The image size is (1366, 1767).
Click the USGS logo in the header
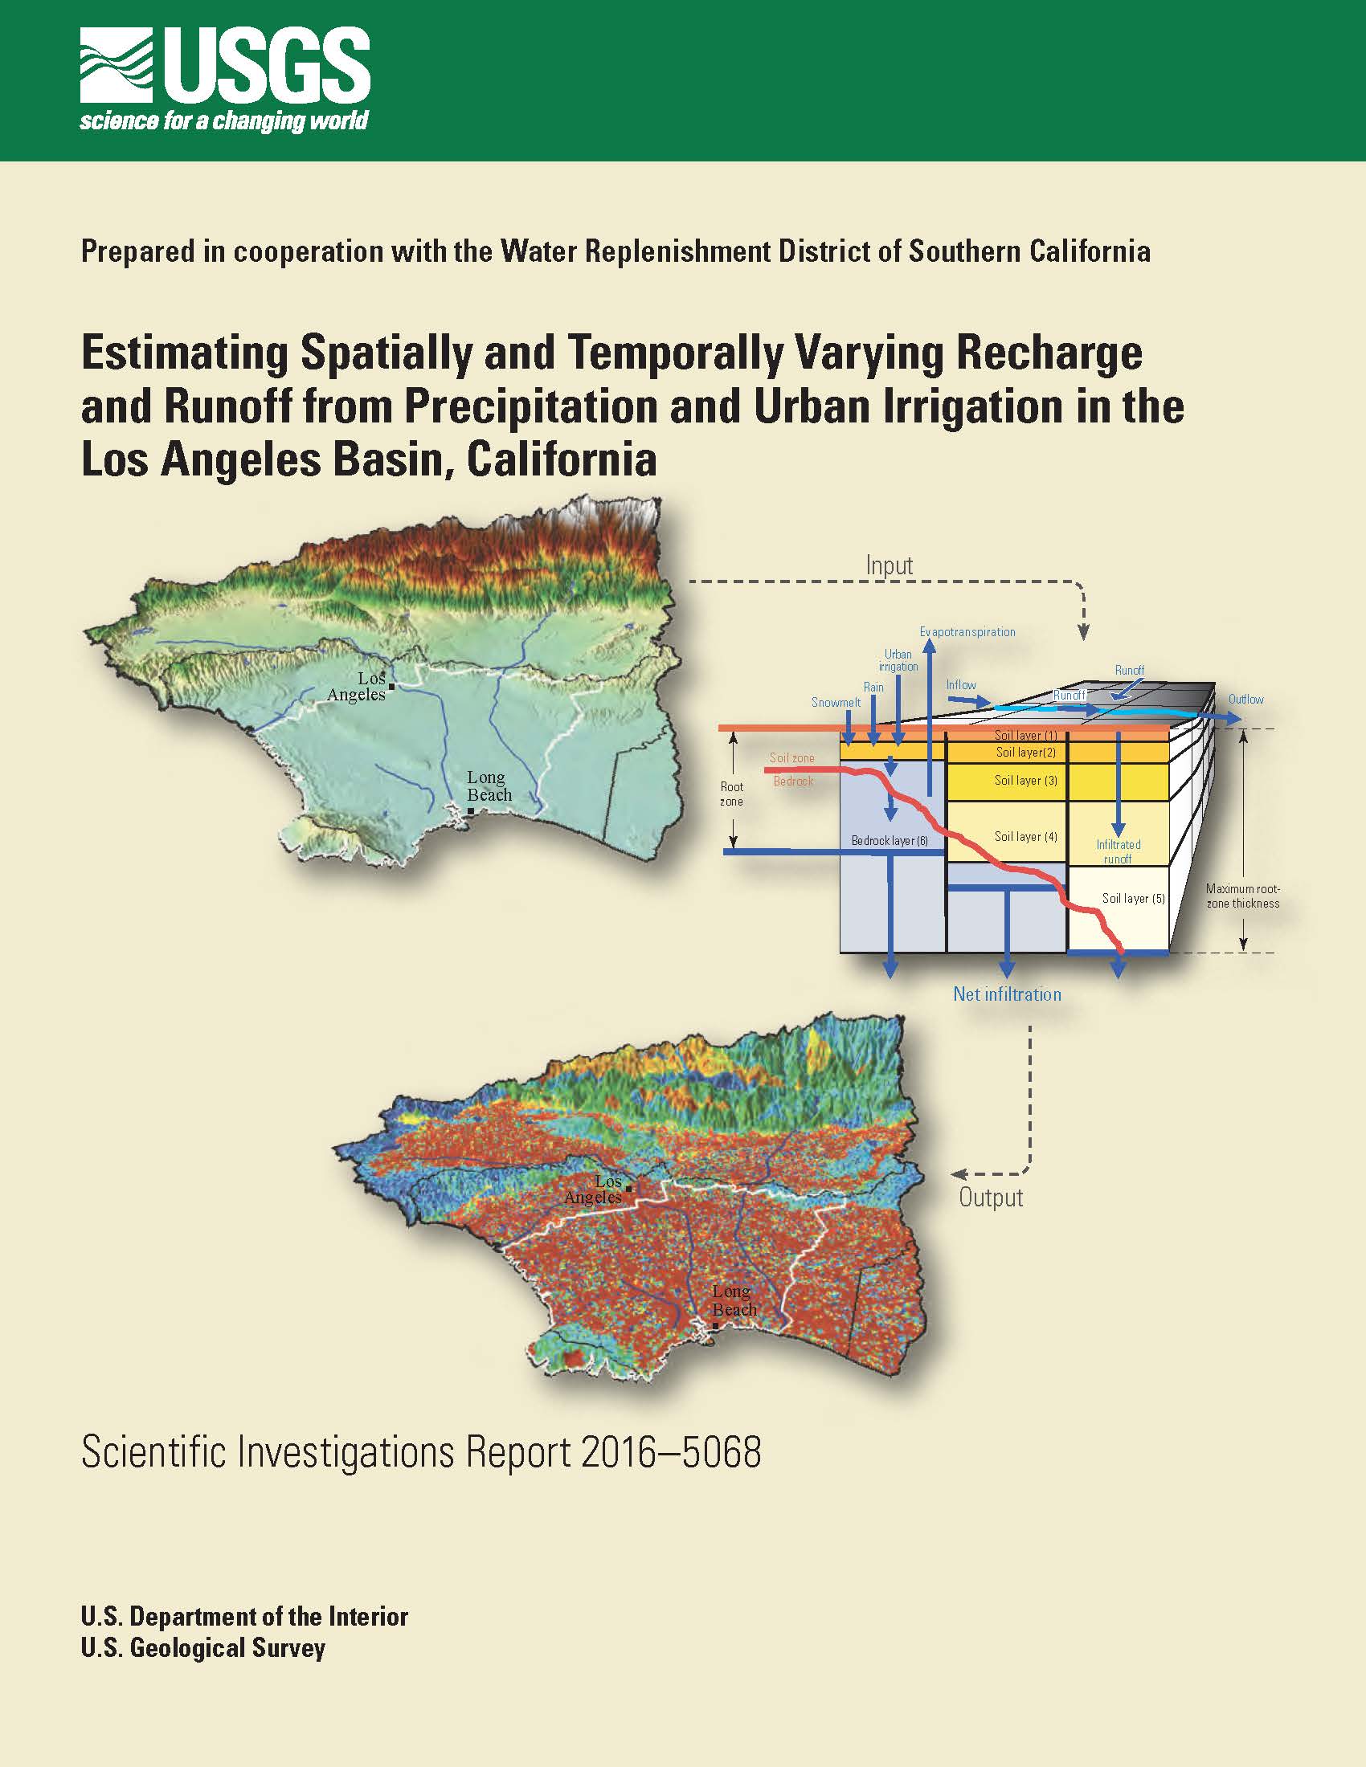click(x=225, y=79)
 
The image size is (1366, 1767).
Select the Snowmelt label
click(x=836, y=702)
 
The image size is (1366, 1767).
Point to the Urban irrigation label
click(x=898, y=660)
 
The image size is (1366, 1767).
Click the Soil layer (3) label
click(x=1025, y=780)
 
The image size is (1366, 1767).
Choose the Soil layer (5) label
click(x=1133, y=898)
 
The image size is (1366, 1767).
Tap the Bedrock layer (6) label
click(x=890, y=841)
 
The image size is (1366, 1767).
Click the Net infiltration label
click(x=1007, y=994)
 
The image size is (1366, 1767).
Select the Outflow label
click(x=1245, y=699)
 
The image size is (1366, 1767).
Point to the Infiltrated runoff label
click(x=1119, y=851)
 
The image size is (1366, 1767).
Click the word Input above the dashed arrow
click(x=890, y=565)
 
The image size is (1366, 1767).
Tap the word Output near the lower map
click(x=991, y=1198)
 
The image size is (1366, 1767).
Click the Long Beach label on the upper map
click(x=489, y=786)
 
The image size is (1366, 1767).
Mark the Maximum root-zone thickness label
click(x=1243, y=896)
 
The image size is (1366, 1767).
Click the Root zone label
click(x=731, y=794)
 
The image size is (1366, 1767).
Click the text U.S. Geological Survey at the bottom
click(x=202, y=1648)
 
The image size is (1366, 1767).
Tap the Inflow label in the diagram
click(x=960, y=684)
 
